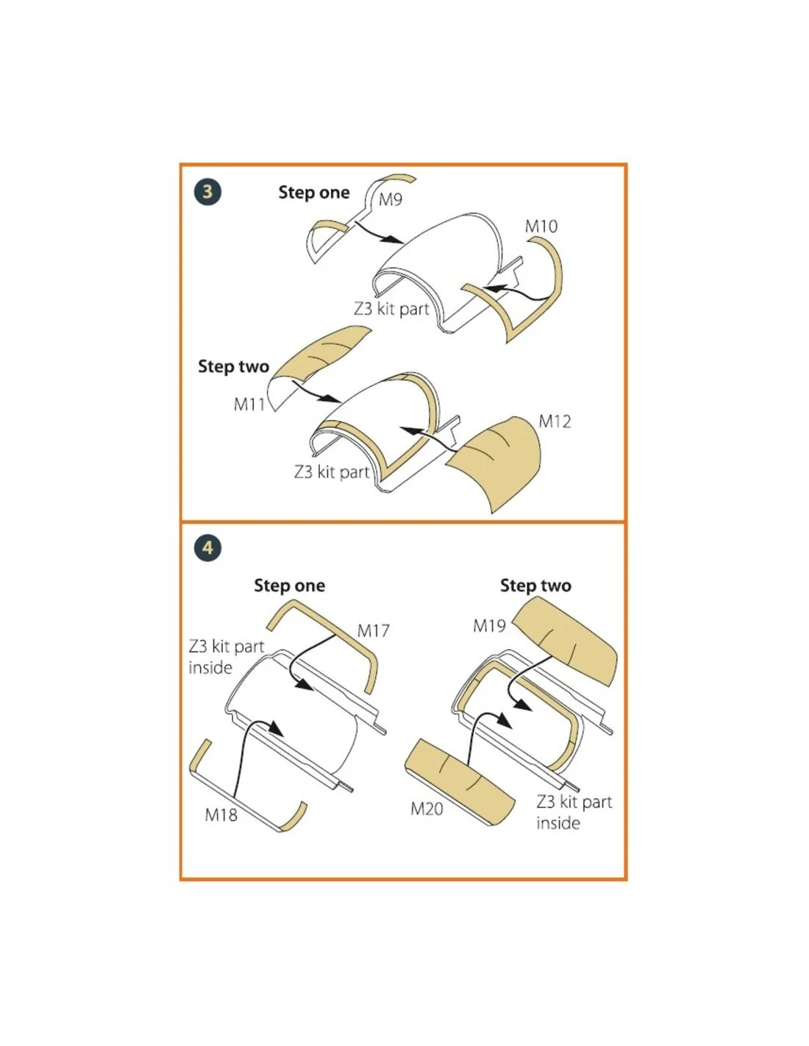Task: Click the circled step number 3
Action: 207,192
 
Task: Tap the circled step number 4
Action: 207,548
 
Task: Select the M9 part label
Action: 390,199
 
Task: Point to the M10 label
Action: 541,226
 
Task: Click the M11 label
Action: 249,405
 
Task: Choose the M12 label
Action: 555,421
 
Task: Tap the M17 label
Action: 374,630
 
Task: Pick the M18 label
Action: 221,815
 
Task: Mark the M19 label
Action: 489,626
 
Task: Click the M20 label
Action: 427,808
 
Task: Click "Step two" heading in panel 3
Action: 233,367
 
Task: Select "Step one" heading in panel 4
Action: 289,586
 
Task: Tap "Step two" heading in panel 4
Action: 535,586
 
